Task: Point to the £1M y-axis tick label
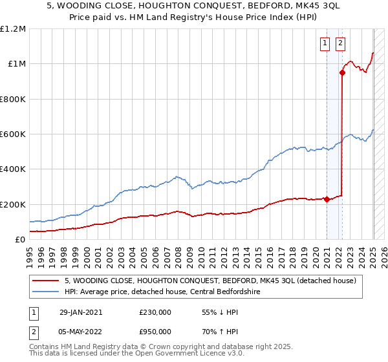click(x=16, y=64)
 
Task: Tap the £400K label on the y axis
click(x=13, y=169)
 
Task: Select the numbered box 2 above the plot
click(x=340, y=44)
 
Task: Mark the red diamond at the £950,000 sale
click(x=342, y=73)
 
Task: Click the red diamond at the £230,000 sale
click(x=327, y=199)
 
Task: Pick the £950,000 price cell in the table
click(x=155, y=332)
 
